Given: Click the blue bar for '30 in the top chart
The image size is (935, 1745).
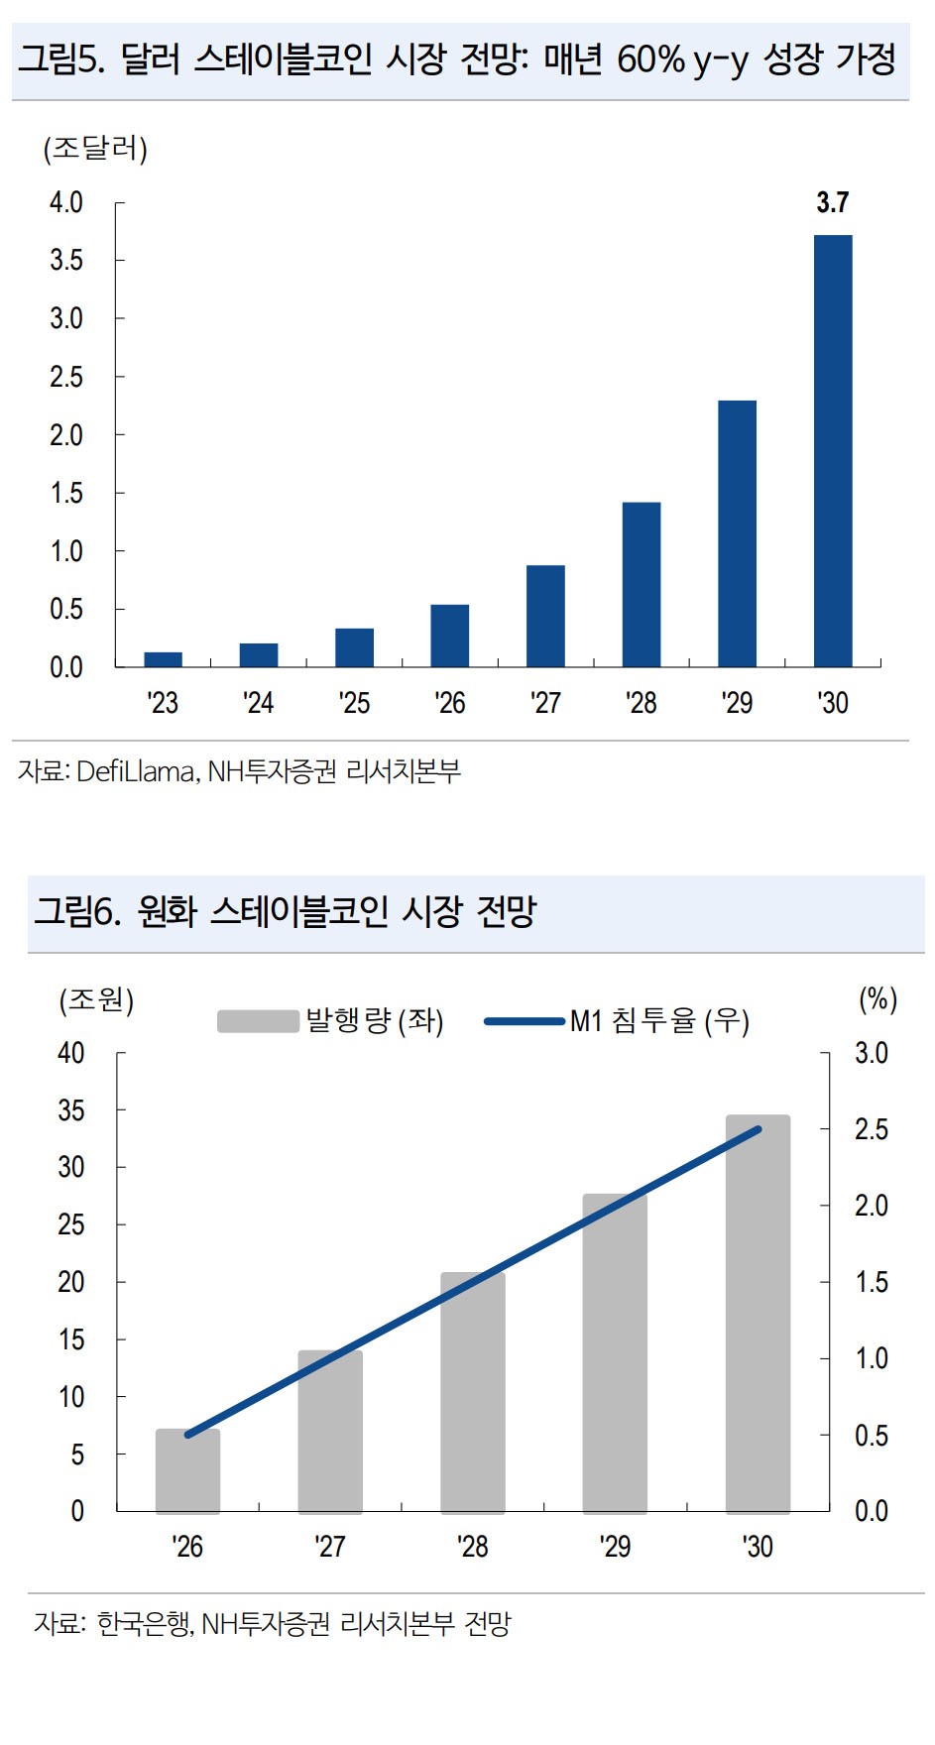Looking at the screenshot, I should pos(833,451).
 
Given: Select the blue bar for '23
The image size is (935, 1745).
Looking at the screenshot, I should pos(163,659).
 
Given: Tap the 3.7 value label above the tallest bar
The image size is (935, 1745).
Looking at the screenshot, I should pos(832,203).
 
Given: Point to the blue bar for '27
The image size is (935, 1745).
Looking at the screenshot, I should pos(545,616).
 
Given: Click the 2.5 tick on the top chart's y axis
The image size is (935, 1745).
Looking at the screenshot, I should pos(66,377).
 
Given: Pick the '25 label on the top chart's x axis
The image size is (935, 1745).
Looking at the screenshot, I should pos(354,703).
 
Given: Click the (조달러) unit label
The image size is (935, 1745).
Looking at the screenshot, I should pos(95,150).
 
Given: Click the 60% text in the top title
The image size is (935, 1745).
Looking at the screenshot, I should pos(651,59).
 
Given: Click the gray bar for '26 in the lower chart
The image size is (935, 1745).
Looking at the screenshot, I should pos(187,1471).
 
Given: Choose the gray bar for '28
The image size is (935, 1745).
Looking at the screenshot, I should pos(473,1392).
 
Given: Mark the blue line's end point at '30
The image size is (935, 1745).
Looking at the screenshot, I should pos(759,1128).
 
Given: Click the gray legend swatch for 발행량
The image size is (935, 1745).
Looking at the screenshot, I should pos(258,1020).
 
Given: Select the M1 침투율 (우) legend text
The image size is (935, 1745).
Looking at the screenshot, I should pos(659,1020).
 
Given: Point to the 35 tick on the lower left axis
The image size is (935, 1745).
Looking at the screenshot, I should pos(71,1110).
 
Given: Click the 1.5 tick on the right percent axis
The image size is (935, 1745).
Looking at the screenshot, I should pos(872,1282).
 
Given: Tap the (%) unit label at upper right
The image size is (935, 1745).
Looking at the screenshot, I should pos(877,998).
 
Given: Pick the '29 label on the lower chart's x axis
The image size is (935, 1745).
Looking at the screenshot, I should pos(615,1547).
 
